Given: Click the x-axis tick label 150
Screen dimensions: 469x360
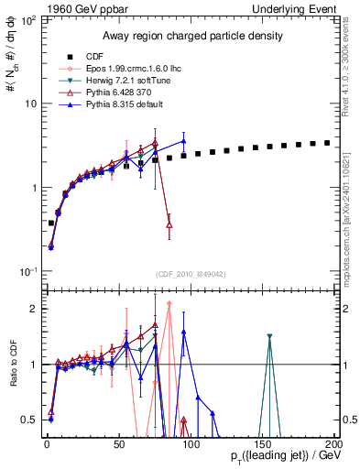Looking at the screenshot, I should tap(263, 442).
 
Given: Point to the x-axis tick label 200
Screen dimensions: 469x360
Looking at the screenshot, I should tap(333, 442).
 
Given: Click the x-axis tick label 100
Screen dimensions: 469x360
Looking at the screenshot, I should tap(191, 442).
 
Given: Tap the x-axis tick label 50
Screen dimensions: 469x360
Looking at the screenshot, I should tap(119, 442).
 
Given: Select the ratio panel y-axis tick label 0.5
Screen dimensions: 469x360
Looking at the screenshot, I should tap(30, 420).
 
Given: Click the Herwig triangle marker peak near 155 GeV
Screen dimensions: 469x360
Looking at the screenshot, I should tap(269, 337).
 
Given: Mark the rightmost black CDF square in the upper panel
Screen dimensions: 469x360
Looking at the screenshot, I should tap(327, 143).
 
